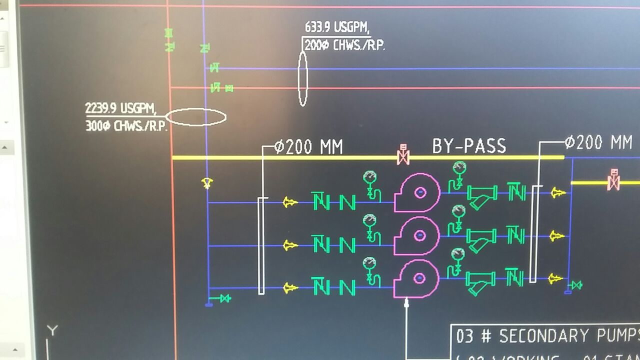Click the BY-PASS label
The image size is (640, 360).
469,145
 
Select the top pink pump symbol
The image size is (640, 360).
417,192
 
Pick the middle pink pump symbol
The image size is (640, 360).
417,235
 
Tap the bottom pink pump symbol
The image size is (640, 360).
417,278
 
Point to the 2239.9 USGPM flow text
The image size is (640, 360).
120,108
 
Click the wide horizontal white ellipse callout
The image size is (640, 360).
195,117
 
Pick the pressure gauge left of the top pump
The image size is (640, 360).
369,177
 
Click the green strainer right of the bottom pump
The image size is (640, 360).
480,282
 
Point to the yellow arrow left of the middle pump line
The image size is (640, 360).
289,245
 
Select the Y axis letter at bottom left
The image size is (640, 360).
52,330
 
